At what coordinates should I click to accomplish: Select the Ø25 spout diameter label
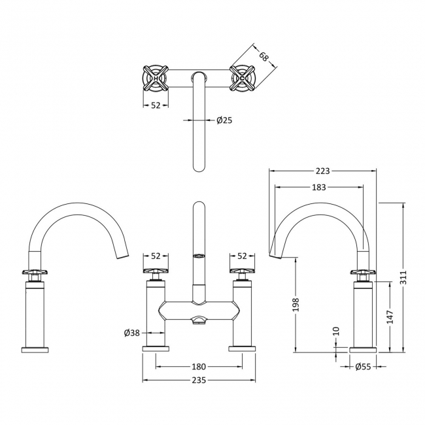225,120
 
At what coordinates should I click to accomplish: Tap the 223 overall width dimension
322,171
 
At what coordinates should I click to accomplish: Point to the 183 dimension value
318,188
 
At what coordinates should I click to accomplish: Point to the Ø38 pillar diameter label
133,333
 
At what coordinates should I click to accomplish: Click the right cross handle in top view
243,78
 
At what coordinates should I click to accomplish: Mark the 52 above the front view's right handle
243,256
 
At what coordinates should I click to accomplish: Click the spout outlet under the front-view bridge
199,319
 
